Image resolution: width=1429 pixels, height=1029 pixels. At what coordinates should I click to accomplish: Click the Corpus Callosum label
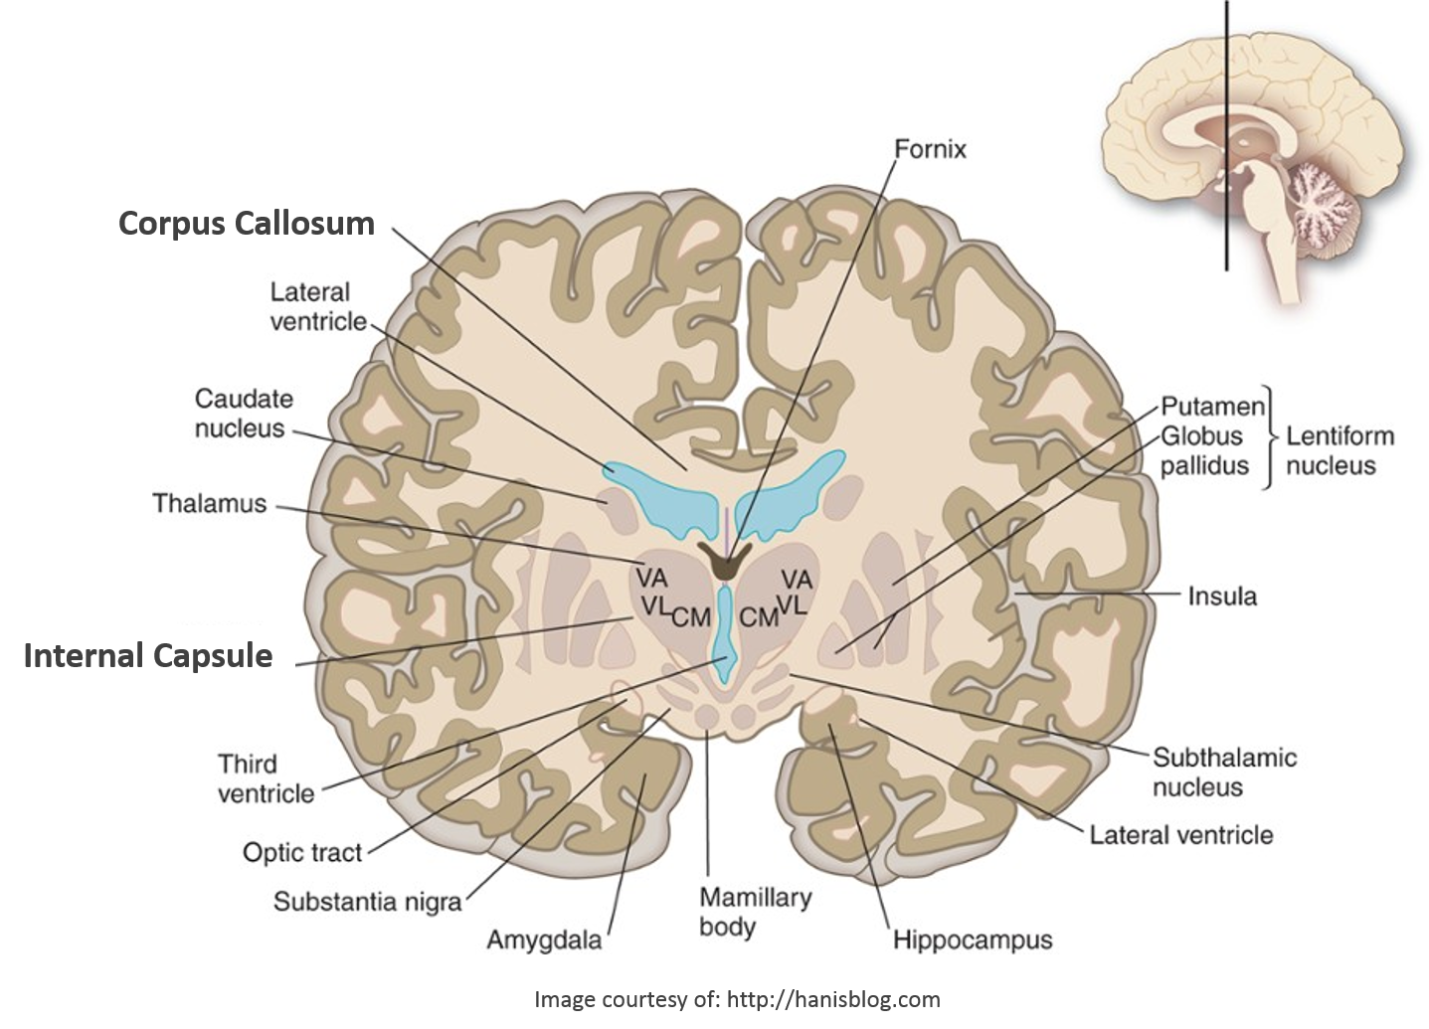tap(246, 223)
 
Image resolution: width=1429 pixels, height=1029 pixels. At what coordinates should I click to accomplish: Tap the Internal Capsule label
tap(147, 656)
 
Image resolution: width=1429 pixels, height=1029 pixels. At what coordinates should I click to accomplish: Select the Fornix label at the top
tap(930, 150)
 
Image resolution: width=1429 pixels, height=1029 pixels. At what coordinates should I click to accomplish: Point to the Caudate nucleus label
tap(244, 414)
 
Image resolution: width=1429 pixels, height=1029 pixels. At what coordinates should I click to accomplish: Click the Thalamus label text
tap(210, 503)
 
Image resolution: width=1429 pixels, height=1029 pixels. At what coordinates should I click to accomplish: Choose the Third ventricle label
tap(266, 778)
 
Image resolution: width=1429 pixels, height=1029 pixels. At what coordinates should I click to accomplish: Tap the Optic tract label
tap(302, 852)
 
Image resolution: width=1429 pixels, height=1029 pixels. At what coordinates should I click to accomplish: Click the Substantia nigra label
tap(367, 902)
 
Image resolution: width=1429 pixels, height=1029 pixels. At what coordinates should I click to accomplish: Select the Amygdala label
tap(544, 939)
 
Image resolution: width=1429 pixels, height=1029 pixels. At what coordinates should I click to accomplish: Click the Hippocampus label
tap(972, 940)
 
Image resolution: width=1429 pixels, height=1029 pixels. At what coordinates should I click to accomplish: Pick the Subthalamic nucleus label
tap(1224, 772)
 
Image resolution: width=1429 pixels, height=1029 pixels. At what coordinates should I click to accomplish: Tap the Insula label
tap(1222, 597)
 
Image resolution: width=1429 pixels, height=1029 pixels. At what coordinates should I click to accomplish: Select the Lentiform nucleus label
tap(1340, 450)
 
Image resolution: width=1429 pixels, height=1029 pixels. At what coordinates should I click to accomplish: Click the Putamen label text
tap(1212, 407)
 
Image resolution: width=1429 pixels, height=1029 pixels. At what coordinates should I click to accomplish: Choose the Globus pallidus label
tap(1203, 450)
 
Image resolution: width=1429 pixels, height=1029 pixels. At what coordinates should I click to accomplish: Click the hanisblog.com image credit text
tap(736, 998)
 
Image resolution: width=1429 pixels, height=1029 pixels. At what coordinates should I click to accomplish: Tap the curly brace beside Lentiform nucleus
tap(1269, 436)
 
